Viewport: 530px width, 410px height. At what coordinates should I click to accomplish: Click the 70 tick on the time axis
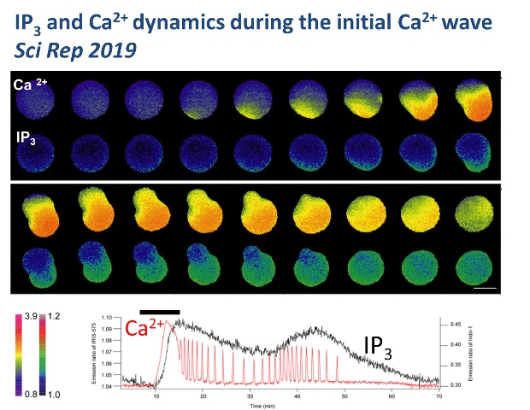[439, 395]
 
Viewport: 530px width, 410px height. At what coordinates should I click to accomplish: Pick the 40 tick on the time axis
[297, 395]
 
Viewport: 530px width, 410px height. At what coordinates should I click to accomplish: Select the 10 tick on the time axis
[155, 395]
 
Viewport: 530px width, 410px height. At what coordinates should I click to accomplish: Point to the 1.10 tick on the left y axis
[107, 317]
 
